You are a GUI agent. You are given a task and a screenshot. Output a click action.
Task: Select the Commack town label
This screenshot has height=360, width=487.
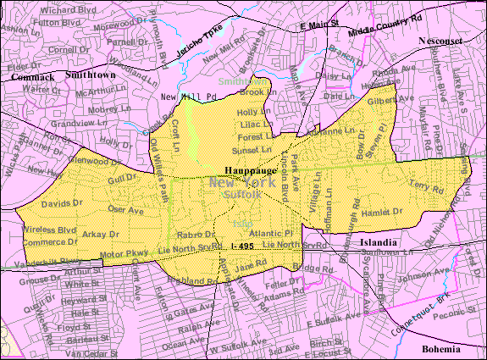click(x=32, y=76)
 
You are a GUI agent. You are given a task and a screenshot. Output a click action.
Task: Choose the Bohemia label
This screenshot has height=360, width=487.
click(x=444, y=349)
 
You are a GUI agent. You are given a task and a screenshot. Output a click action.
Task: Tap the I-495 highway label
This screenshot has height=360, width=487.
click(x=240, y=246)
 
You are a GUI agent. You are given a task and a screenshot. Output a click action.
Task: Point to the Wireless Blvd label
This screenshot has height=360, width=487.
click(x=48, y=230)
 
